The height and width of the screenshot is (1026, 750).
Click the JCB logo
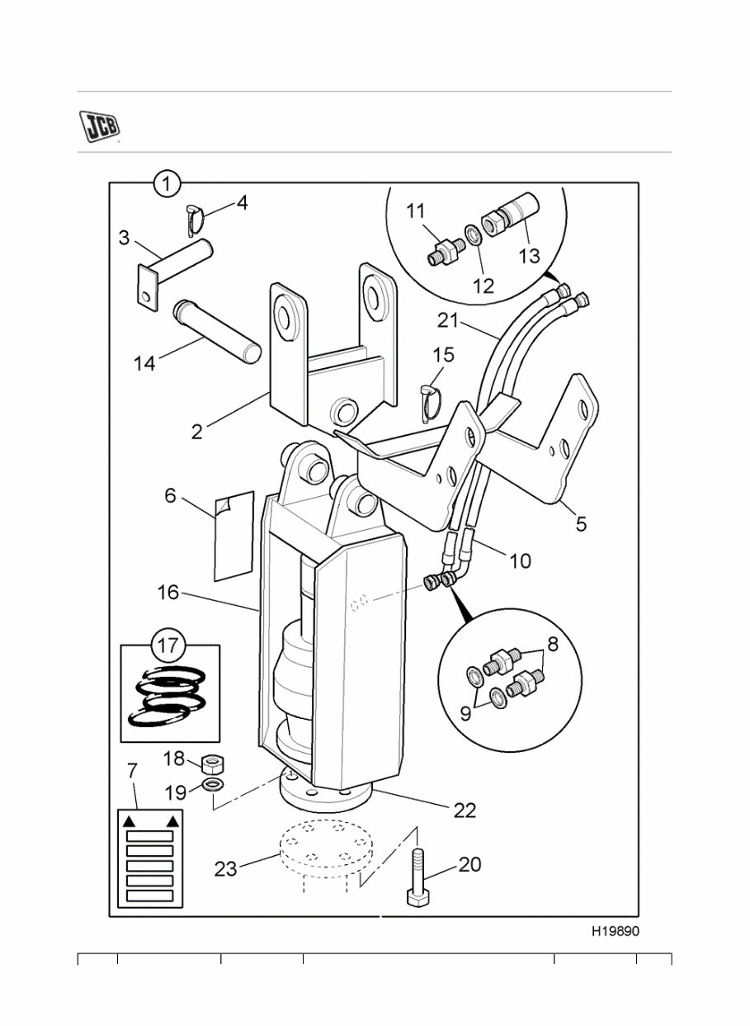[x=99, y=125]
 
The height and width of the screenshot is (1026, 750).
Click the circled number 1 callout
[x=167, y=183]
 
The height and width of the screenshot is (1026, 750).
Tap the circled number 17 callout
[x=167, y=645]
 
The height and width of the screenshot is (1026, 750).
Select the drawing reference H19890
[x=615, y=931]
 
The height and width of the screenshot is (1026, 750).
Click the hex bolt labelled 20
[x=417, y=879]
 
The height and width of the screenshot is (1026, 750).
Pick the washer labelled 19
[x=212, y=783]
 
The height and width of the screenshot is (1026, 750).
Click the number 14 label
[x=144, y=362]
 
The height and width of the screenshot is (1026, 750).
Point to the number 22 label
[x=465, y=811]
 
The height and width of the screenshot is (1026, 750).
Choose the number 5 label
[x=581, y=523]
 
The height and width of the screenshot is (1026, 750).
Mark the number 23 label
[x=226, y=868]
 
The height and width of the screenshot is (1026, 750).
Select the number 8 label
[x=552, y=645]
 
